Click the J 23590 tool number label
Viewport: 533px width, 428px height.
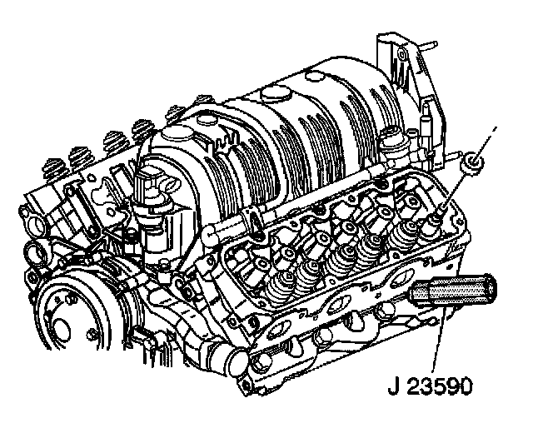click(430, 386)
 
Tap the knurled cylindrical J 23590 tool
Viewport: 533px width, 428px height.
click(453, 291)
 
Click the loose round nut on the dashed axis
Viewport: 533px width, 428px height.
click(472, 163)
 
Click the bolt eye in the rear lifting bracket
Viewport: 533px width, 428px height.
click(401, 54)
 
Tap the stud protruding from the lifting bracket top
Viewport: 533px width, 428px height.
click(429, 44)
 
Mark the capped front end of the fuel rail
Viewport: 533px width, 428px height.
click(209, 236)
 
